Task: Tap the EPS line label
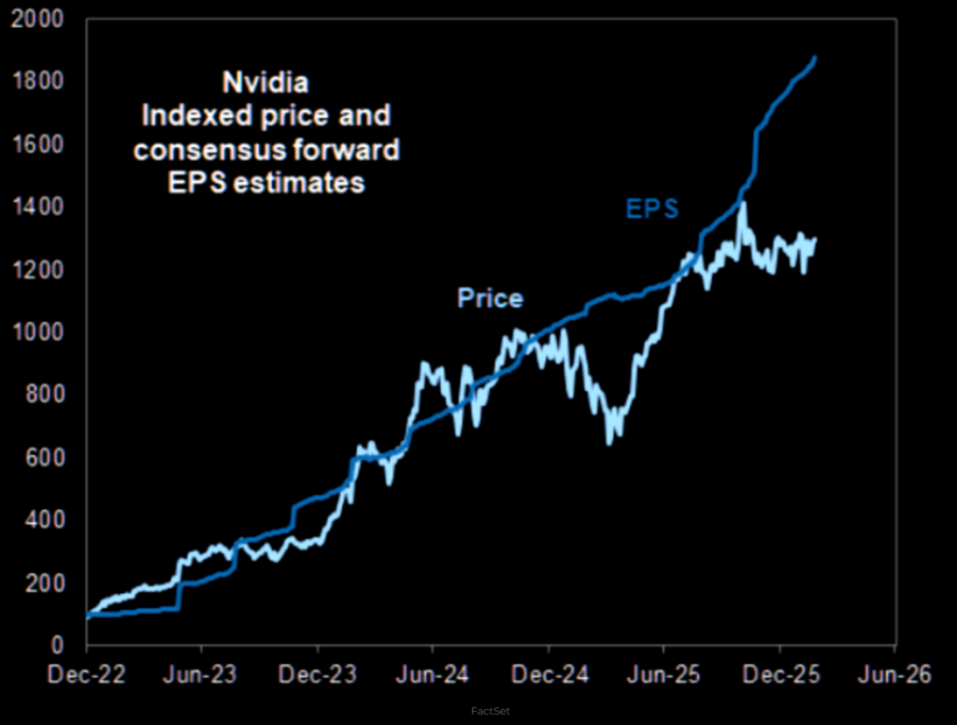(652, 210)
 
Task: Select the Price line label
(490, 298)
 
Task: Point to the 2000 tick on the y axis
(43, 20)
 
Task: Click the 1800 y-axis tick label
(43, 82)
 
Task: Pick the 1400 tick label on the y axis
(43, 208)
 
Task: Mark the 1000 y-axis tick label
(43, 333)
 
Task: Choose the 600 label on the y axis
(49, 458)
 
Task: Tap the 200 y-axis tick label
(49, 584)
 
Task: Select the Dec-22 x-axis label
(86, 674)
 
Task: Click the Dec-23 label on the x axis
(318, 674)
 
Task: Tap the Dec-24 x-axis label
(549, 674)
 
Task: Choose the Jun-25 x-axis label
(664, 674)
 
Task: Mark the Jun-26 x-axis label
(894, 674)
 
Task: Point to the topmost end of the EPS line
(815, 58)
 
